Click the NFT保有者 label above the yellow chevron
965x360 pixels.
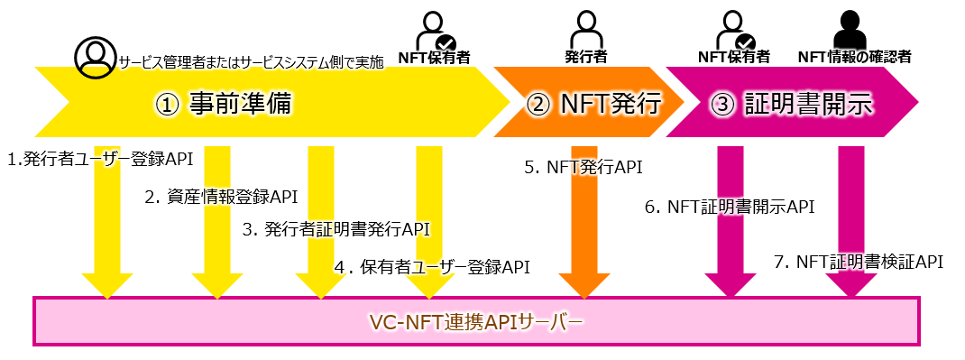(434, 57)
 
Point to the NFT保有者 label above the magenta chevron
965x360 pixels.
(733, 57)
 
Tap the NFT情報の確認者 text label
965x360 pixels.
(854, 57)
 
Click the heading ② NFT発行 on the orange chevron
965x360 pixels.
(593, 105)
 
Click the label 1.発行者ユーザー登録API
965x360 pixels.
(100, 160)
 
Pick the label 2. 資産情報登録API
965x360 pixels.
(221, 195)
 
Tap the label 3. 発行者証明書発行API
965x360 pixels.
(336, 229)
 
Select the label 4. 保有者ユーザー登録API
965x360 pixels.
(431, 266)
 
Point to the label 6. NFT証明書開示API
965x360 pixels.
(730, 207)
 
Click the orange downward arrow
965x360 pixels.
(584, 235)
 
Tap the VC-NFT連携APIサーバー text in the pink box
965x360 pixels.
(476, 321)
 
